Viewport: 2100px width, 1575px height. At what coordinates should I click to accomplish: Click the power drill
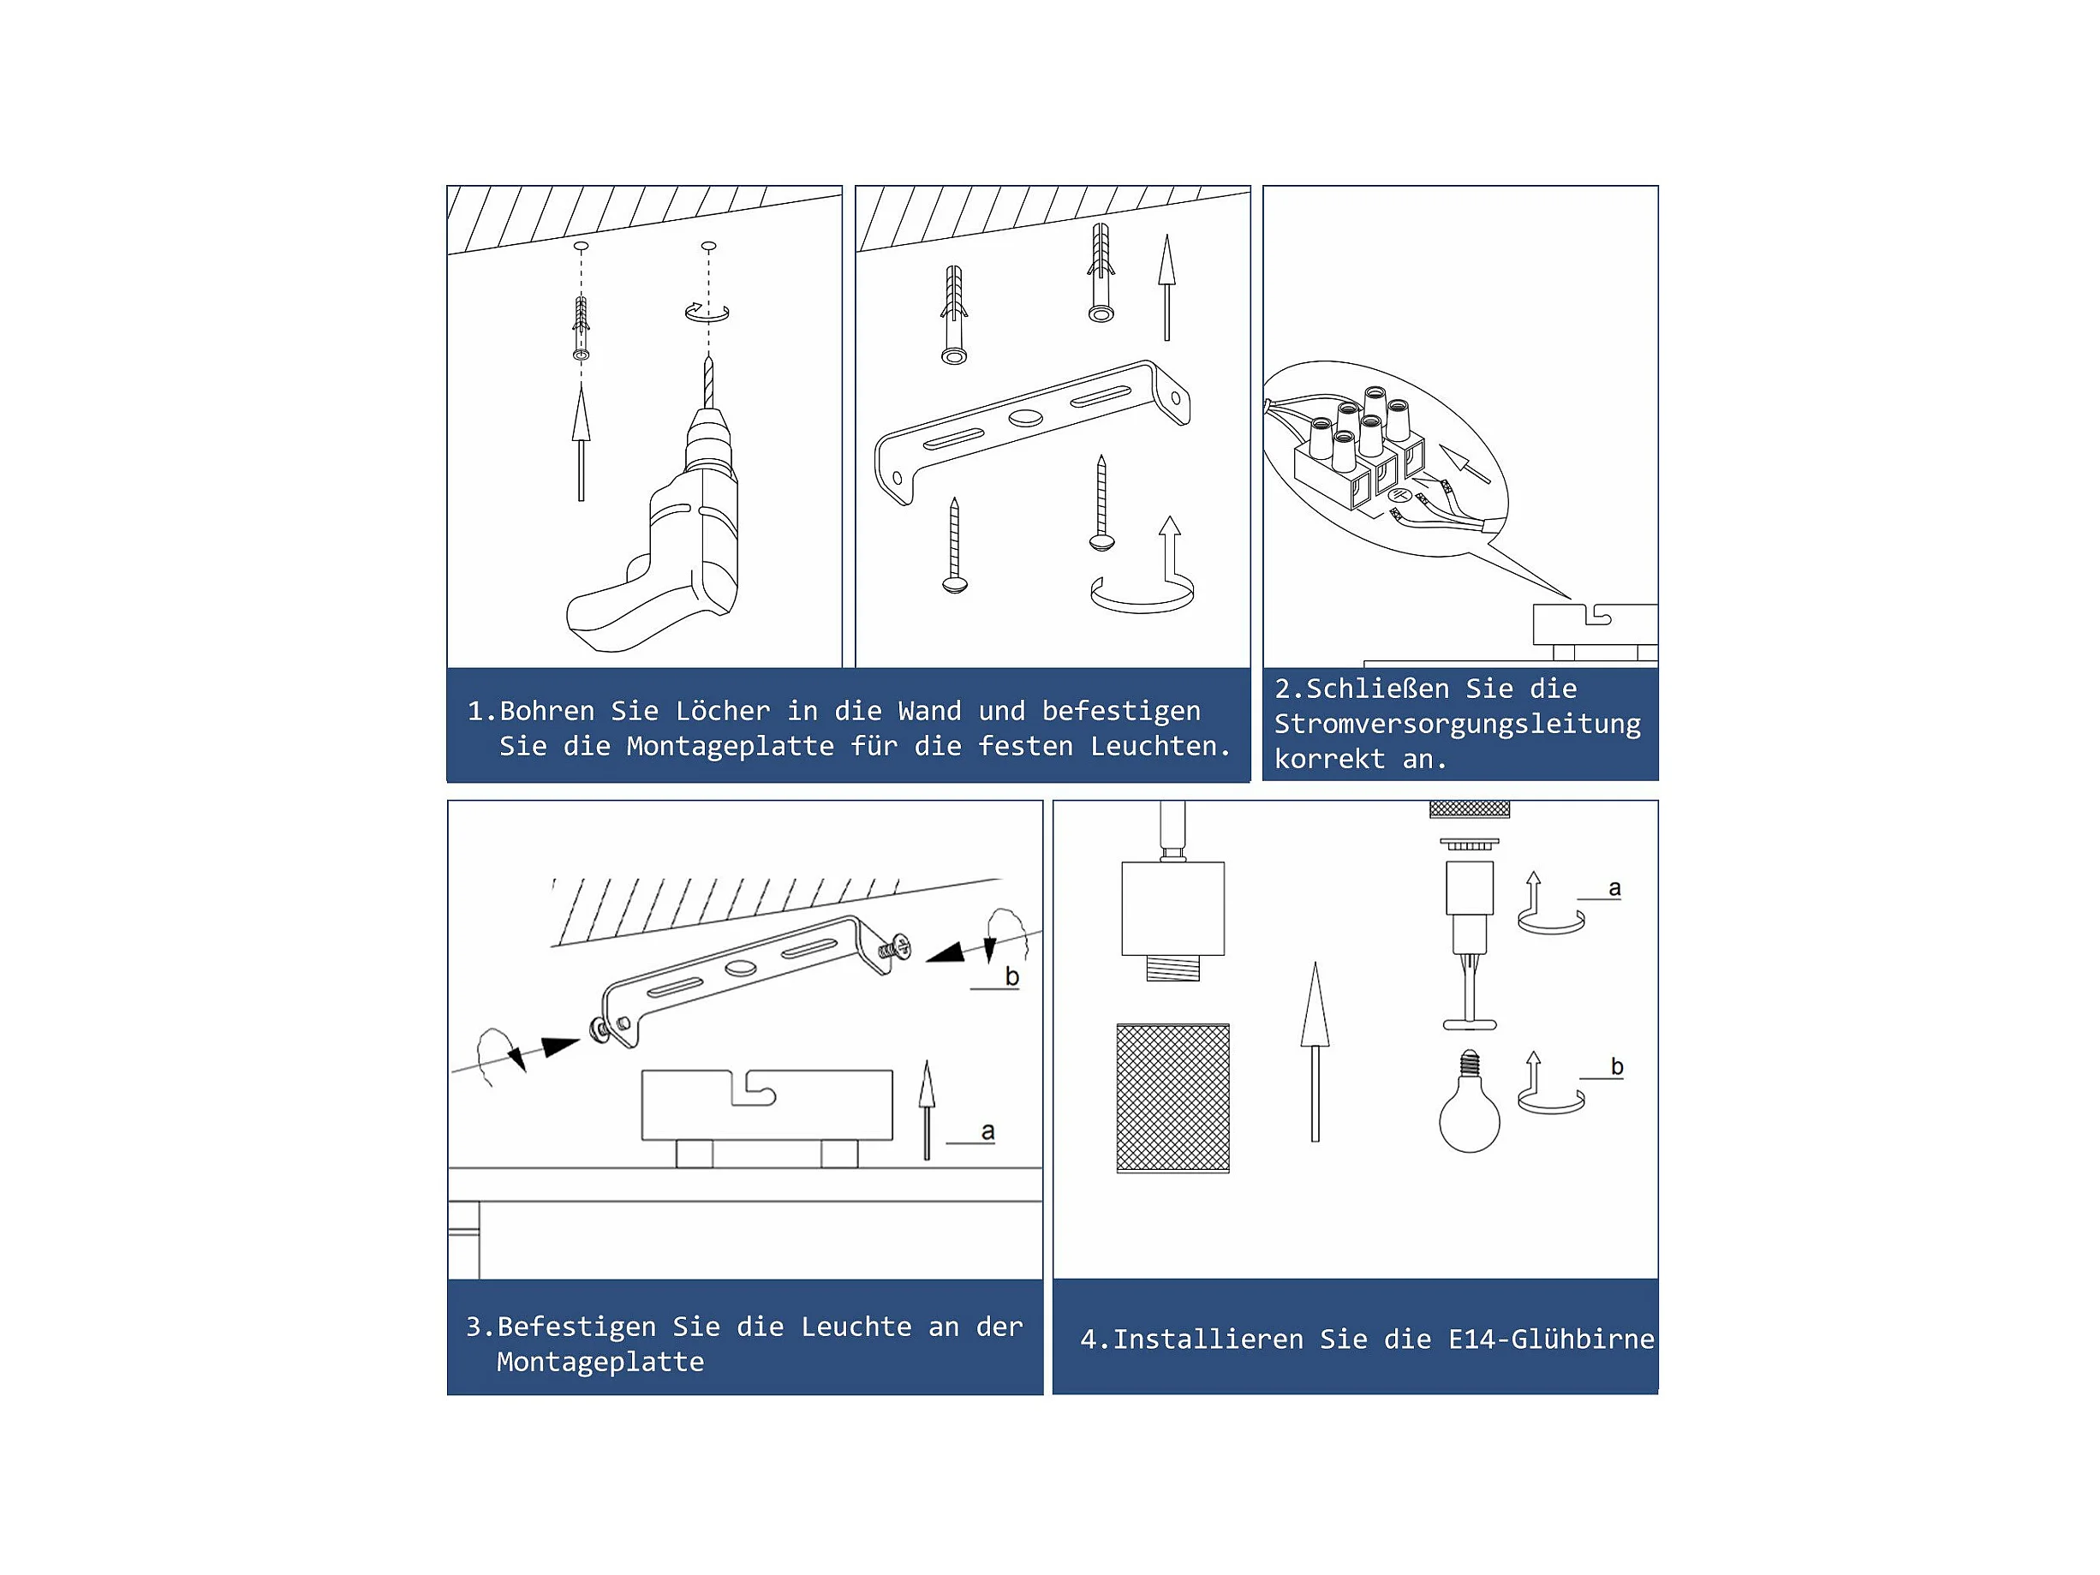point(665,532)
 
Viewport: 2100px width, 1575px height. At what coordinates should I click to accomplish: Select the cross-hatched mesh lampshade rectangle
point(1172,1099)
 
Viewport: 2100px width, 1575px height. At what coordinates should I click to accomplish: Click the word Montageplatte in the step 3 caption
point(600,1363)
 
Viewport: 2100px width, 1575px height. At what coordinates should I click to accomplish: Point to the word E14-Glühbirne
point(1551,1339)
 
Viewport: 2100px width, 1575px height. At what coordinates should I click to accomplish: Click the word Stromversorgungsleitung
point(1458,725)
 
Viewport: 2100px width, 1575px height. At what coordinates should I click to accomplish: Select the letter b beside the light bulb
point(1617,1066)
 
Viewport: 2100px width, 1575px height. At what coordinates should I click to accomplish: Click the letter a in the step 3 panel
point(987,1131)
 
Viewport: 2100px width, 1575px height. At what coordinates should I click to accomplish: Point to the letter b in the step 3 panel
point(1012,976)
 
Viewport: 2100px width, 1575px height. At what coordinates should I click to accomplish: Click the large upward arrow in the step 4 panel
point(1315,1051)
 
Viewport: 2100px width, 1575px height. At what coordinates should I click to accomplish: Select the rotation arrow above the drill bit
point(707,313)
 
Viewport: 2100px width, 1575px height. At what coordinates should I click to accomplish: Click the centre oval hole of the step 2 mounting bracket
point(1025,418)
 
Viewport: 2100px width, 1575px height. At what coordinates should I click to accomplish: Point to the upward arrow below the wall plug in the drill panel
point(581,443)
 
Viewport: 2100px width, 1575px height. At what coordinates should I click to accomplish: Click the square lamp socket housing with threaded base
point(1172,919)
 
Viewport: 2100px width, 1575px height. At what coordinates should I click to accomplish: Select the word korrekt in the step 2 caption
point(1329,760)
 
